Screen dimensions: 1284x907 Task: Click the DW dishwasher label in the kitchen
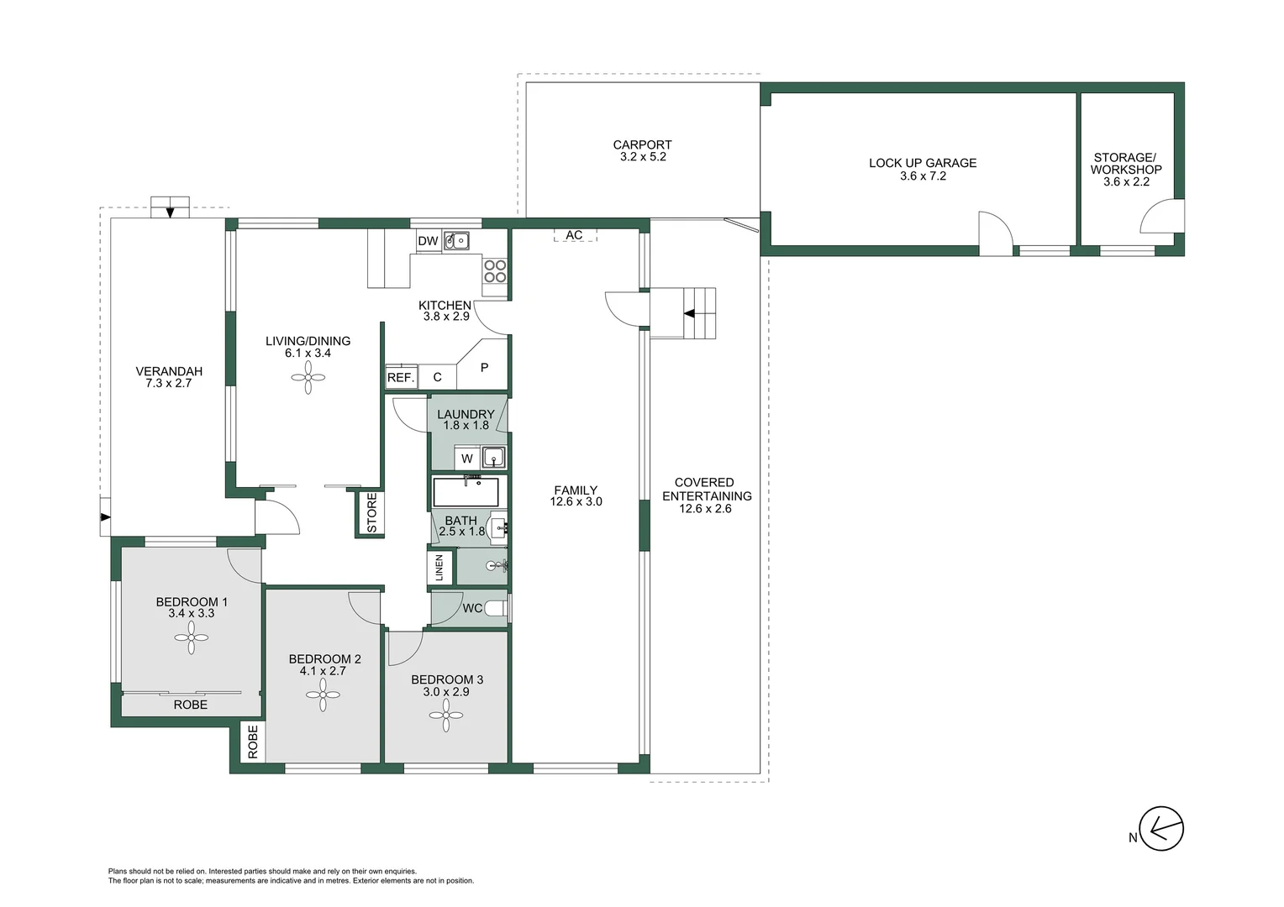tap(428, 241)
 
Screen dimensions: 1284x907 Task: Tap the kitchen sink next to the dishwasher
tap(457, 241)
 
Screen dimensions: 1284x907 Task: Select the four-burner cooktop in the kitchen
tap(495, 271)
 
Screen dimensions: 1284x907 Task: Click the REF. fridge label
tap(401, 378)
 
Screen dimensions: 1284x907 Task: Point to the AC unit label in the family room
tap(574, 235)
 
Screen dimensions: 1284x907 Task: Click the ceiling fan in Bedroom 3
tap(446, 716)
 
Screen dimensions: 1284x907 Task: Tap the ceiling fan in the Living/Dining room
tap(308, 377)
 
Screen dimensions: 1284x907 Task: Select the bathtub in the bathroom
tap(466, 491)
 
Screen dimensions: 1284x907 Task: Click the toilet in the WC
tap(497, 608)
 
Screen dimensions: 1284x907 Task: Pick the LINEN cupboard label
tap(439, 567)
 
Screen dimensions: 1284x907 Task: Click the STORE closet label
tap(372, 513)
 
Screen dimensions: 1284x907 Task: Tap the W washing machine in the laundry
tap(467, 459)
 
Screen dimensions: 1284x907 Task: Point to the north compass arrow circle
tap(1161, 829)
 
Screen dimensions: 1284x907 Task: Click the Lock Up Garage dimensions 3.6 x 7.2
tap(923, 176)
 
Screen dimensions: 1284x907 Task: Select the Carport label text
tap(642, 144)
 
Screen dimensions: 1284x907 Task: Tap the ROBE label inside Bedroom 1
tap(190, 705)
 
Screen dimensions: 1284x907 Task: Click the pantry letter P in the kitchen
tap(484, 367)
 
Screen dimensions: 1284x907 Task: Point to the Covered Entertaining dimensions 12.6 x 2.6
tap(705, 508)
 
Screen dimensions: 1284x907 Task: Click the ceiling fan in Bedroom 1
tap(191, 637)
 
